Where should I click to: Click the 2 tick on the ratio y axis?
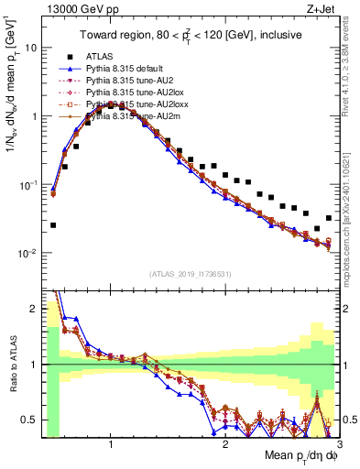point(35,309)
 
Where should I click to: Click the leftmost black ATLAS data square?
point(53,224)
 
